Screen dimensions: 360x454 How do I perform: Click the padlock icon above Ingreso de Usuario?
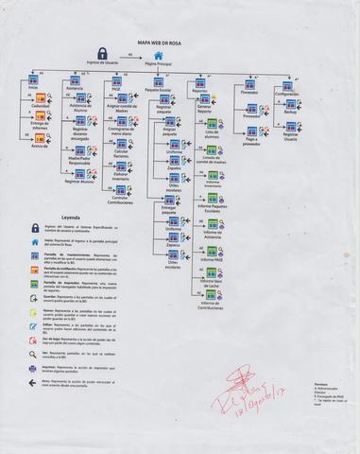[x=101, y=55]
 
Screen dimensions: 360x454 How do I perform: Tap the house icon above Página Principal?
[x=159, y=56]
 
